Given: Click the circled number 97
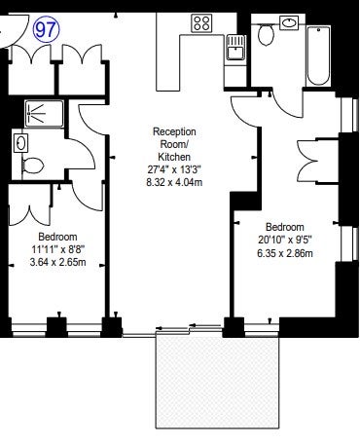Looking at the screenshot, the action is [47, 30].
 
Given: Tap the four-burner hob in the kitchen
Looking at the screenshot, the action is [201, 23].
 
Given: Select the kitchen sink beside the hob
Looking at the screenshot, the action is [235, 48].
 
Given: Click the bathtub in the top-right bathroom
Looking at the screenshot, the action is [318, 56].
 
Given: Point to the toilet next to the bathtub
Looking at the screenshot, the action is [266, 35].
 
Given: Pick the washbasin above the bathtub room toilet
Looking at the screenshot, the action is [289, 23].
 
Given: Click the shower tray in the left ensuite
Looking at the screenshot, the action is [44, 114].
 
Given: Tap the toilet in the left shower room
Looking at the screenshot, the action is [33, 166].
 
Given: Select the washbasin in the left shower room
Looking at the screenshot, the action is [20, 143].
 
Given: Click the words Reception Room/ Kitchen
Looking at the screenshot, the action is [174, 144].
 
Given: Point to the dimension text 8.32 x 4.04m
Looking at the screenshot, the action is [174, 182].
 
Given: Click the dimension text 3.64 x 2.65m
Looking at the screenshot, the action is [58, 262].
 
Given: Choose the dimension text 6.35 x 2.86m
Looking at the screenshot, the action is [285, 253].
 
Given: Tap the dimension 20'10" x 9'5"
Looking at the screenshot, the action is [285, 240].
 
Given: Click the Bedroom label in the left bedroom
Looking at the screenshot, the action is [58, 237].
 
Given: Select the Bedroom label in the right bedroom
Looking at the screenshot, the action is [285, 227].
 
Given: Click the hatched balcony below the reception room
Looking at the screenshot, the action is [217, 383].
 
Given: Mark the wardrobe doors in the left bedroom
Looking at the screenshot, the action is [29, 216].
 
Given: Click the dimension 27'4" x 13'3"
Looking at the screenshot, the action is [174, 169].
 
